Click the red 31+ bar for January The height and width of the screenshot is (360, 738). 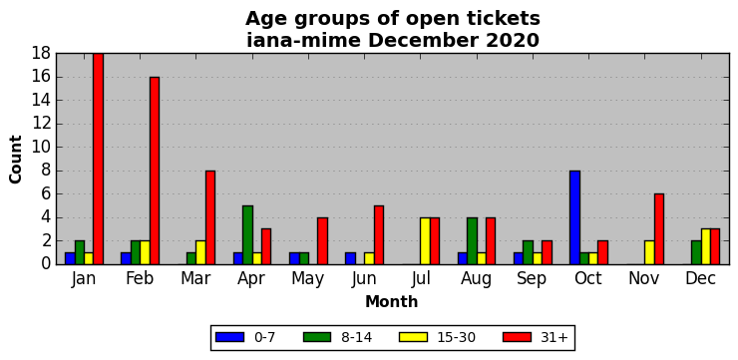(x=98, y=160)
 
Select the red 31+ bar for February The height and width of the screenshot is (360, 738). (x=155, y=171)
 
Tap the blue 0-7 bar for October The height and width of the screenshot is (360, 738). (x=574, y=217)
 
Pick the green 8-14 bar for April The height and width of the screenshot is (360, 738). (x=247, y=235)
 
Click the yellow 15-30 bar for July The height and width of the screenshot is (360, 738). (x=425, y=241)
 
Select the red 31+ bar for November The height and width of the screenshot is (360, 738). (x=659, y=229)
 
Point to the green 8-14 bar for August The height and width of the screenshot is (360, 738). (x=472, y=241)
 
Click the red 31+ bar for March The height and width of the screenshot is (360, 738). (x=209, y=217)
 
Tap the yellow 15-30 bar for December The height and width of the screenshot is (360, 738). (x=705, y=246)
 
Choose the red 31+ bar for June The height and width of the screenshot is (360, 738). (x=378, y=235)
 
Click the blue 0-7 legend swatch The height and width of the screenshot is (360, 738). (x=229, y=337)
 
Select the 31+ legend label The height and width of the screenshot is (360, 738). (x=554, y=337)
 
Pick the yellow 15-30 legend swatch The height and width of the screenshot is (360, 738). (x=413, y=337)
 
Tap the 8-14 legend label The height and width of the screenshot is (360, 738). (x=356, y=337)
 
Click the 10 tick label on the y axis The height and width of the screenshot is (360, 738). (x=42, y=148)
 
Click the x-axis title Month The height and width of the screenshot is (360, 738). (x=392, y=301)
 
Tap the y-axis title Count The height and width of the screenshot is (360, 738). (x=16, y=160)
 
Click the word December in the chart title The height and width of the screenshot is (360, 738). (x=419, y=41)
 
